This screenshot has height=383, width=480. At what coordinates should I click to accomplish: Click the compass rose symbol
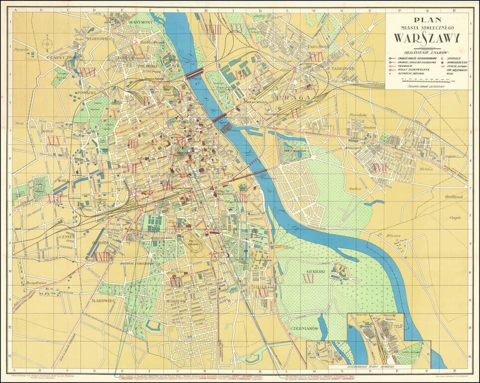47,44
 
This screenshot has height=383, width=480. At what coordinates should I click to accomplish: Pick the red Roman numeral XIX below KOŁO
53,141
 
